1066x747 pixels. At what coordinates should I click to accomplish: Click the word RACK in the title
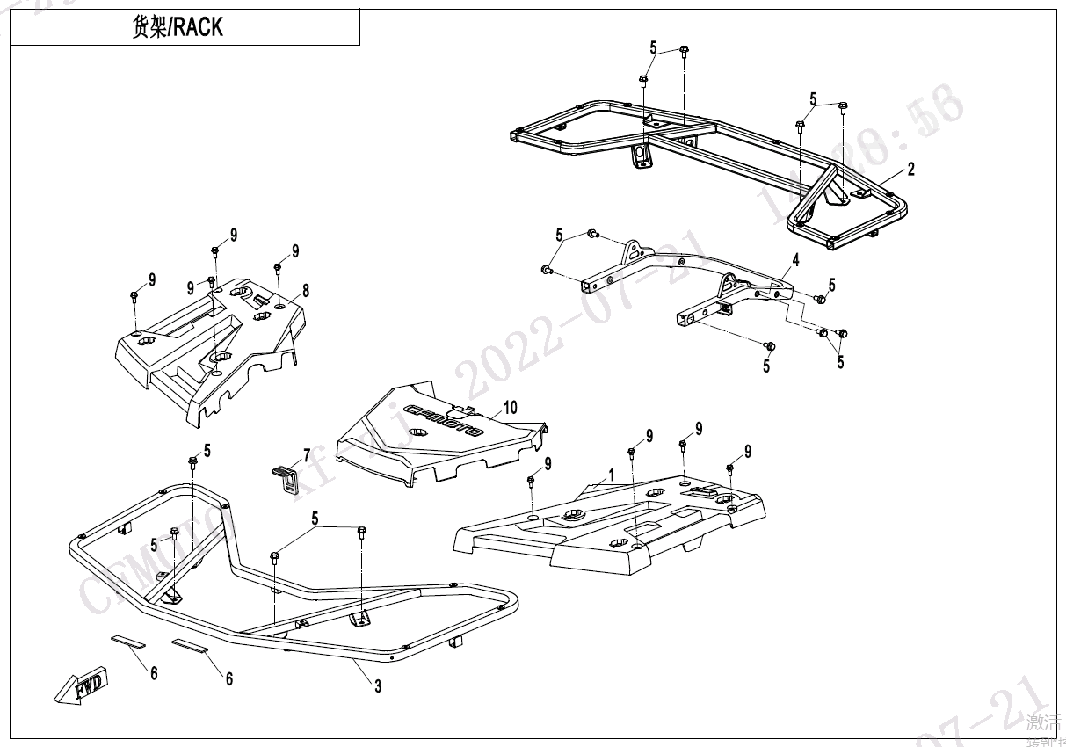(198, 27)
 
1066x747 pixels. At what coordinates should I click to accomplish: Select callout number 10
(510, 408)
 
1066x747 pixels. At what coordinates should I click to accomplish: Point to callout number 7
(307, 454)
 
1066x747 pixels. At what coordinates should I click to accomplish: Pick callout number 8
(306, 290)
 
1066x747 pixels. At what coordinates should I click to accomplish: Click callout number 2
(911, 170)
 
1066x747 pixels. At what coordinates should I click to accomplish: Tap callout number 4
(794, 260)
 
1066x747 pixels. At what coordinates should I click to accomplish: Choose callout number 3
(378, 687)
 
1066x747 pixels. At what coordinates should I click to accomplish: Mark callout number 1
(612, 474)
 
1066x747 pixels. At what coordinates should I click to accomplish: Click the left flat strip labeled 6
(128, 641)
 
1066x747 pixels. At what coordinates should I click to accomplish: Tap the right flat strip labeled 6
(191, 646)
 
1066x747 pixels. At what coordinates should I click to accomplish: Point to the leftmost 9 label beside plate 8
(152, 279)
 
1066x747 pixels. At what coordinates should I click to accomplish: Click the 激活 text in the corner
(1043, 722)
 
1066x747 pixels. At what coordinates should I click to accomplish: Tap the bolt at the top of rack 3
(192, 462)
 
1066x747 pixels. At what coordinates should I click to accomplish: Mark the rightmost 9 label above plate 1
(748, 452)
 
